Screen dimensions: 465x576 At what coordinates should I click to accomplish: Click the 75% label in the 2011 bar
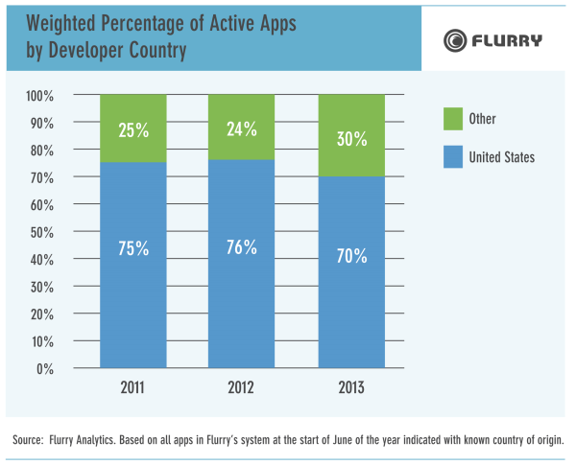[133, 246]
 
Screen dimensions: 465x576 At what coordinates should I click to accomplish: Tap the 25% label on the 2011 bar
[133, 130]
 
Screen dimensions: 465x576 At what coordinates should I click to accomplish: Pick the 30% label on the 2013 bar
[351, 137]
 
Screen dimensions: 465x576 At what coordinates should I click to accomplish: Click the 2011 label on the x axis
[133, 388]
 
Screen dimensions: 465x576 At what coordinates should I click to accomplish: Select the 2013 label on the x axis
[351, 388]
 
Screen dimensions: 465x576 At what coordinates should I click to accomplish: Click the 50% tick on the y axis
[41, 232]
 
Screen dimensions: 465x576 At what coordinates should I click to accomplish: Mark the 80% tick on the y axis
[41, 151]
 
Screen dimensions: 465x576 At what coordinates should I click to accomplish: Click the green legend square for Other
[453, 120]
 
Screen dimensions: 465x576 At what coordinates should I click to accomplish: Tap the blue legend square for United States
[453, 156]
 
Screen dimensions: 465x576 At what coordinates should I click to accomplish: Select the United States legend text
[502, 156]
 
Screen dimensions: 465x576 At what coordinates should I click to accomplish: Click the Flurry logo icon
[454, 40]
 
